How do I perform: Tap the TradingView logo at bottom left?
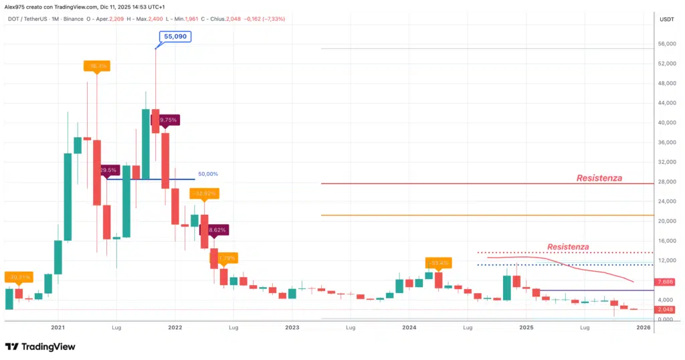coord(40,347)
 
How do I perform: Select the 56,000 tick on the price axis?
coord(666,44)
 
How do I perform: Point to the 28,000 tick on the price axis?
coord(666,181)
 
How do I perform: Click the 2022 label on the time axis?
coord(175,328)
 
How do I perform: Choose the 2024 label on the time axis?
coord(409,328)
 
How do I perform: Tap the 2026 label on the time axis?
coord(644,328)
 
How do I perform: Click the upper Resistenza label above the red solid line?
coord(599,178)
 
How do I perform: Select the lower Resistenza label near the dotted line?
coord(568,247)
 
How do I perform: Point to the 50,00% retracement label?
coord(208,174)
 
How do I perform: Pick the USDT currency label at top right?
coord(666,19)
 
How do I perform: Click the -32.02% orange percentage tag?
coord(203,193)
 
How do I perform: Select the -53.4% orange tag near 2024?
coord(437,262)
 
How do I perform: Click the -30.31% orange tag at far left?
coord(18,276)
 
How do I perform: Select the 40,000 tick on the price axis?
coord(666,122)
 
